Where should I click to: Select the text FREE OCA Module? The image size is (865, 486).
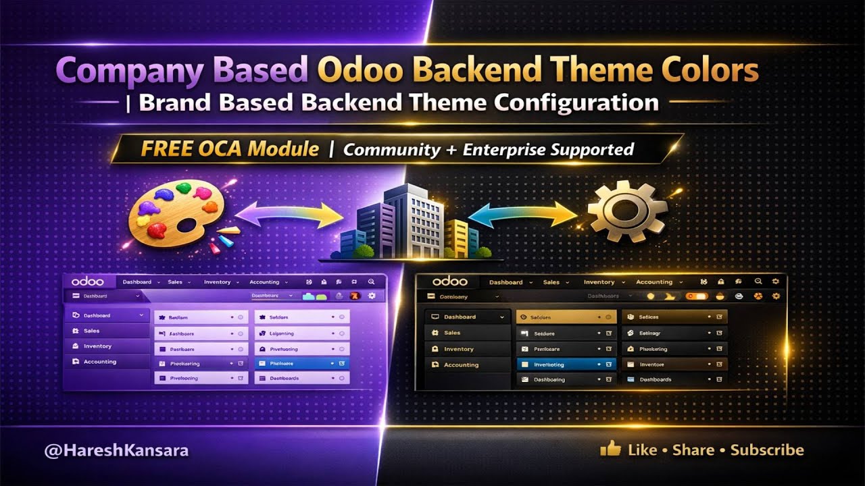click(230, 149)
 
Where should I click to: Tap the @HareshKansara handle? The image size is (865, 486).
click(116, 450)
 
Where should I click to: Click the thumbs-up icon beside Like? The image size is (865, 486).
click(610, 448)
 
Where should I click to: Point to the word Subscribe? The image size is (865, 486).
click(767, 450)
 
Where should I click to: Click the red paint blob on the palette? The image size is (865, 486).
click(157, 230)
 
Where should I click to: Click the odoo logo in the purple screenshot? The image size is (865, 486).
click(88, 281)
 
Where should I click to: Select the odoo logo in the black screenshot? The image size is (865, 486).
click(450, 281)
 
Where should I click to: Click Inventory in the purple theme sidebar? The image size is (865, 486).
click(97, 346)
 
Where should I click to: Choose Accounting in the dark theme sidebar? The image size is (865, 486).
click(461, 365)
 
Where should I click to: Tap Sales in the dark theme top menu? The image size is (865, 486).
click(551, 282)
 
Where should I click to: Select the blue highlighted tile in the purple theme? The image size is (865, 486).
click(301, 363)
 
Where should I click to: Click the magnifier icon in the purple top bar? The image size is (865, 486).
click(371, 282)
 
